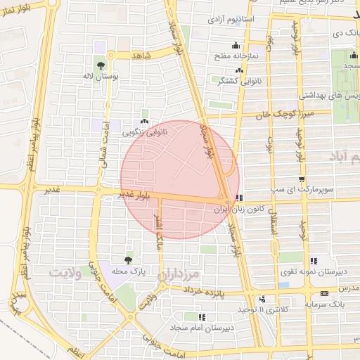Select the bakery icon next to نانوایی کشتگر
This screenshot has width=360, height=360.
point(240,70)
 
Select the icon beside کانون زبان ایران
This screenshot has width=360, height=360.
point(239,198)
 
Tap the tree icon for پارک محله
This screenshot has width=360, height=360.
point(127,260)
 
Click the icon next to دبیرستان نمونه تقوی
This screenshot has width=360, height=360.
point(314,260)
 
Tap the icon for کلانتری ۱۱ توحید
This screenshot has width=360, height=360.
point(262,298)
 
